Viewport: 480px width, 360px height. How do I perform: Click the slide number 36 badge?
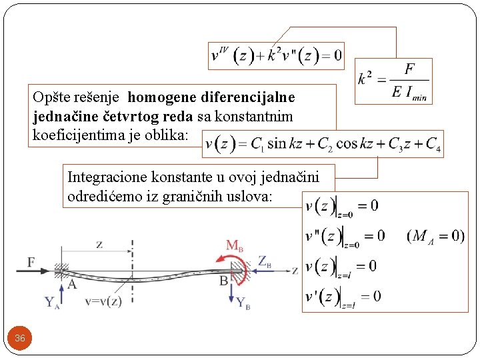20,339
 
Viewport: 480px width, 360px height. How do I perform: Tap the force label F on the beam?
31,262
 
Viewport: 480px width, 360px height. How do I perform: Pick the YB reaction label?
244,303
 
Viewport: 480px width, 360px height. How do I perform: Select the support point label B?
224,281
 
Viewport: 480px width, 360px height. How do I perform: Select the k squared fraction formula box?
393,81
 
